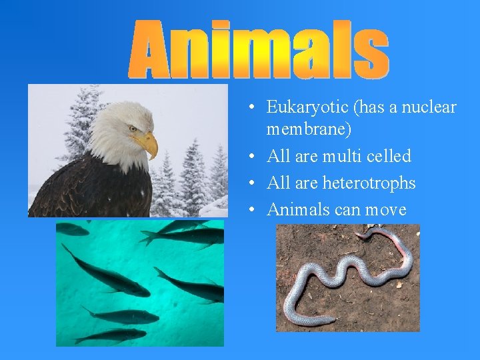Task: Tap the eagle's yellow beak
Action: pos(148,143)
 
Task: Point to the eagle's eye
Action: pos(133,129)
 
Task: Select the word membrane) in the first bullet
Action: pos(309,129)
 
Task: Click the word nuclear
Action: pos(430,107)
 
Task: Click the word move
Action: pos(385,210)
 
